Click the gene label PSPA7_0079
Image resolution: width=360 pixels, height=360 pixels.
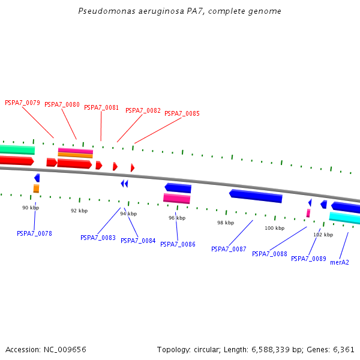click(x=22, y=103)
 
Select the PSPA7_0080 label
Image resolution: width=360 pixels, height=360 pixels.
click(x=62, y=104)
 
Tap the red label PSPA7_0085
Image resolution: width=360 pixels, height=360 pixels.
click(x=182, y=113)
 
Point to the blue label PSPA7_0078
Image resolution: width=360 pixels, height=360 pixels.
click(x=34, y=233)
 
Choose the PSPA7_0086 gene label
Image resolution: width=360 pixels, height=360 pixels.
click(x=178, y=244)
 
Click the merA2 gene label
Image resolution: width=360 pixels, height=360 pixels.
click(x=340, y=262)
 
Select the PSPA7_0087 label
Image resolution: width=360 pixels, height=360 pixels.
click(x=229, y=249)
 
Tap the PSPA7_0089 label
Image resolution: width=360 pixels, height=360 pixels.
click(x=308, y=259)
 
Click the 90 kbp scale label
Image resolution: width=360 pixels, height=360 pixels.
click(x=31, y=208)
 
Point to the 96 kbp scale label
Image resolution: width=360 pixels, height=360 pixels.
click(x=176, y=218)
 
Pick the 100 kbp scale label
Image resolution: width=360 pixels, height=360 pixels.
click(x=274, y=228)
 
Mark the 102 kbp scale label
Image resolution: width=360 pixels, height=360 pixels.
click(x=323, y=235)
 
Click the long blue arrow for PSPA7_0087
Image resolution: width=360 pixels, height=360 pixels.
click(x=256, y=196)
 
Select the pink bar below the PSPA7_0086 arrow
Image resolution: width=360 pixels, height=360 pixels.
click(x=176, y=199)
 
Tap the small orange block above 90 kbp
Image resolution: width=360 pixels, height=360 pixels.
click(x=36, y=188)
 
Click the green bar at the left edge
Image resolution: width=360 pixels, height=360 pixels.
click(x=17, y=149)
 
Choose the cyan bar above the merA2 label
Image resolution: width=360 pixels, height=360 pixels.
click(x=344, y=218)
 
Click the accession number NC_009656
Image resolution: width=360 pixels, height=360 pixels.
click(x=64, y=349)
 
